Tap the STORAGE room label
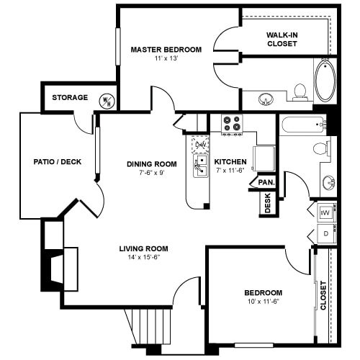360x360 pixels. [x=70, y=97]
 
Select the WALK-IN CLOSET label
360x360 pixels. [x=282, y=40]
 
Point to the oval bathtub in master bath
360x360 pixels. [x=325, y=80]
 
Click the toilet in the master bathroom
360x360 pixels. [x=300, y=92]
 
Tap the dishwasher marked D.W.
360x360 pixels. [x=199, y=145]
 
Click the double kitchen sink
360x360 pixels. [x=201, y=166]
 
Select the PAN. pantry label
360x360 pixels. [x=266, y=182]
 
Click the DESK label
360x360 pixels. [x=268, y=203]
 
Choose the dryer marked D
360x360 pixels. [x=326, y=233]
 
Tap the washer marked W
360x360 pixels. [x=326, y=212]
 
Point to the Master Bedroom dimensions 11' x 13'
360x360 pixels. [x=166, y=58]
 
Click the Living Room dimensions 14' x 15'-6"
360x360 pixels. [x=144, y=258]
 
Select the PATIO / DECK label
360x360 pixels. [x=58, y=162]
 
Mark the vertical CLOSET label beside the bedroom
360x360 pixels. [x=323, y=295]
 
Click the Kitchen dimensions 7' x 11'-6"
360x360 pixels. [x=230, y=171]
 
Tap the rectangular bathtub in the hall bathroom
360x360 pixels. [x=305, y=125]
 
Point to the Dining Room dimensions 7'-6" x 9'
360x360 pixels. [x=152, y=173]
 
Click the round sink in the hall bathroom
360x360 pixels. [x=329, y=182]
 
